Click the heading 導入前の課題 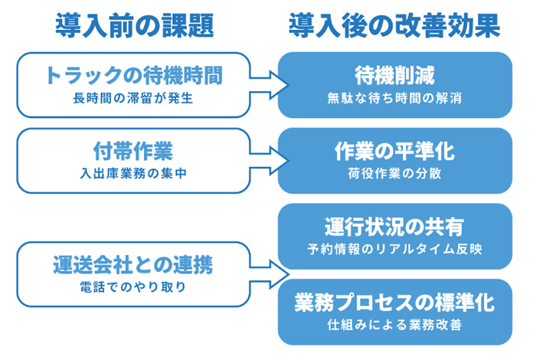[x=134, y=25]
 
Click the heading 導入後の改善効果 [x=394, y=25]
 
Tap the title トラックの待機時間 [x=134, y=75]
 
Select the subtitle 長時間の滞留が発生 [x=133, y=98]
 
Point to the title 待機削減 [x=394, y=75]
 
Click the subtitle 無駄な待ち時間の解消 [x=394, y=98]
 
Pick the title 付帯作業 [x=133, y=151]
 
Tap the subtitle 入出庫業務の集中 [x=133, y=173]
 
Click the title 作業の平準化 [x=394, y=151]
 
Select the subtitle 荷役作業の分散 [x=394, y=173]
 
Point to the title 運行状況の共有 [x=394, y=227]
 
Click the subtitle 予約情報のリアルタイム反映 [x=394, y=249]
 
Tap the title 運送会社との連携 [x=133, y=265]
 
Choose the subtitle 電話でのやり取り [x=133, y=287]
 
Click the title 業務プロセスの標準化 [x=394, y=303]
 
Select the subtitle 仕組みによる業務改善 [x=394, y=325]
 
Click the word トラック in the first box [x=84, y=75]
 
